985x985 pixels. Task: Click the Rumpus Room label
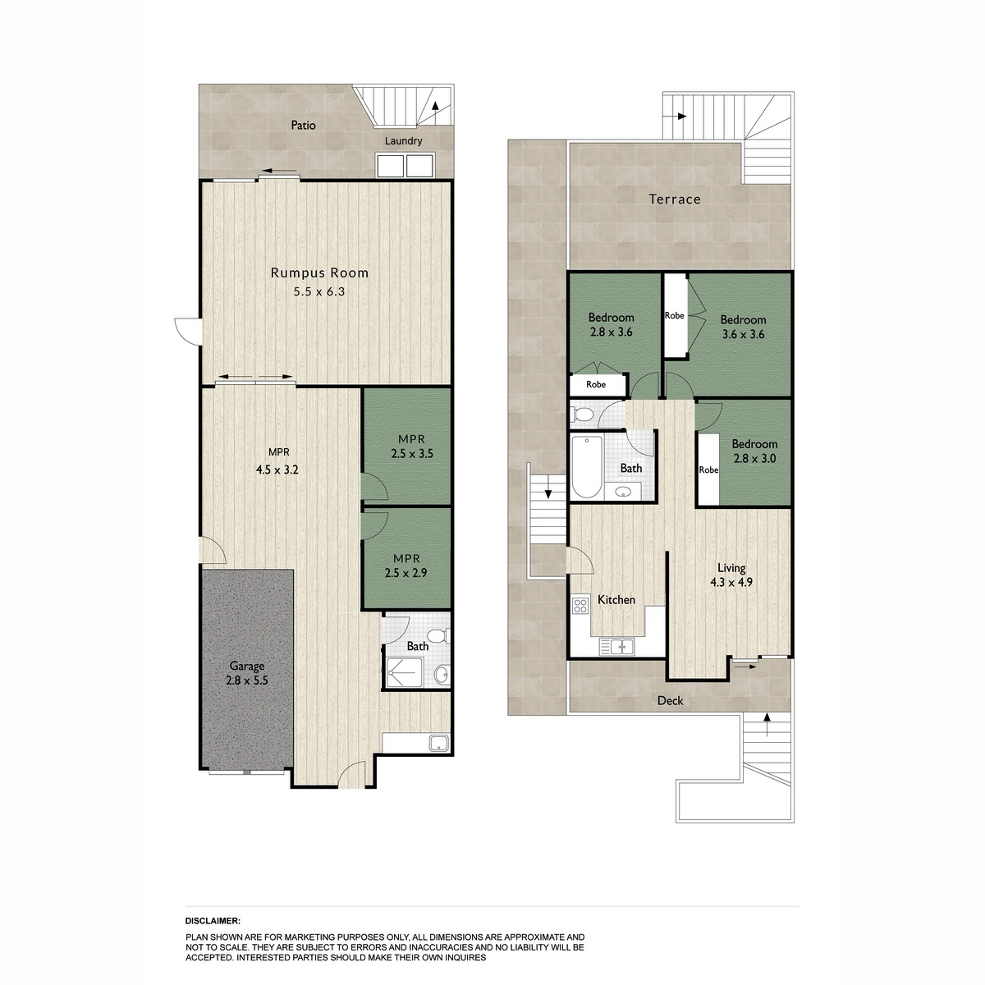point(319,273)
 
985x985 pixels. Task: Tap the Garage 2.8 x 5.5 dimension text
point(247,680)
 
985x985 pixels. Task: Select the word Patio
point(303,126)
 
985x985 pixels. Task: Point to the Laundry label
point(403,141)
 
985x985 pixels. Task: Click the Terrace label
point(675,199)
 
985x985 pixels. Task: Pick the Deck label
point(670,701)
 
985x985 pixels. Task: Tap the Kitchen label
point(616,599)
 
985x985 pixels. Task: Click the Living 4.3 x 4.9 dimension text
point(731,582)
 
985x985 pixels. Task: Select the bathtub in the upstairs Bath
point(586,467)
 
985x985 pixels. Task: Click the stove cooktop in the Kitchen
point(580,607)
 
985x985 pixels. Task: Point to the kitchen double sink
point(617,647)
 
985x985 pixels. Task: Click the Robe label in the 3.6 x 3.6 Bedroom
point(674,316)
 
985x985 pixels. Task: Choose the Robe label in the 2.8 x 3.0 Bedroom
point(708,470)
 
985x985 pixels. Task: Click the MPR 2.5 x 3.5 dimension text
point(412,453)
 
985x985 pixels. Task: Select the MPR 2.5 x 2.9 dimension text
point(405,573)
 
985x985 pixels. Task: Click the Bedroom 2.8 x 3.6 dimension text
point(611,332)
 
